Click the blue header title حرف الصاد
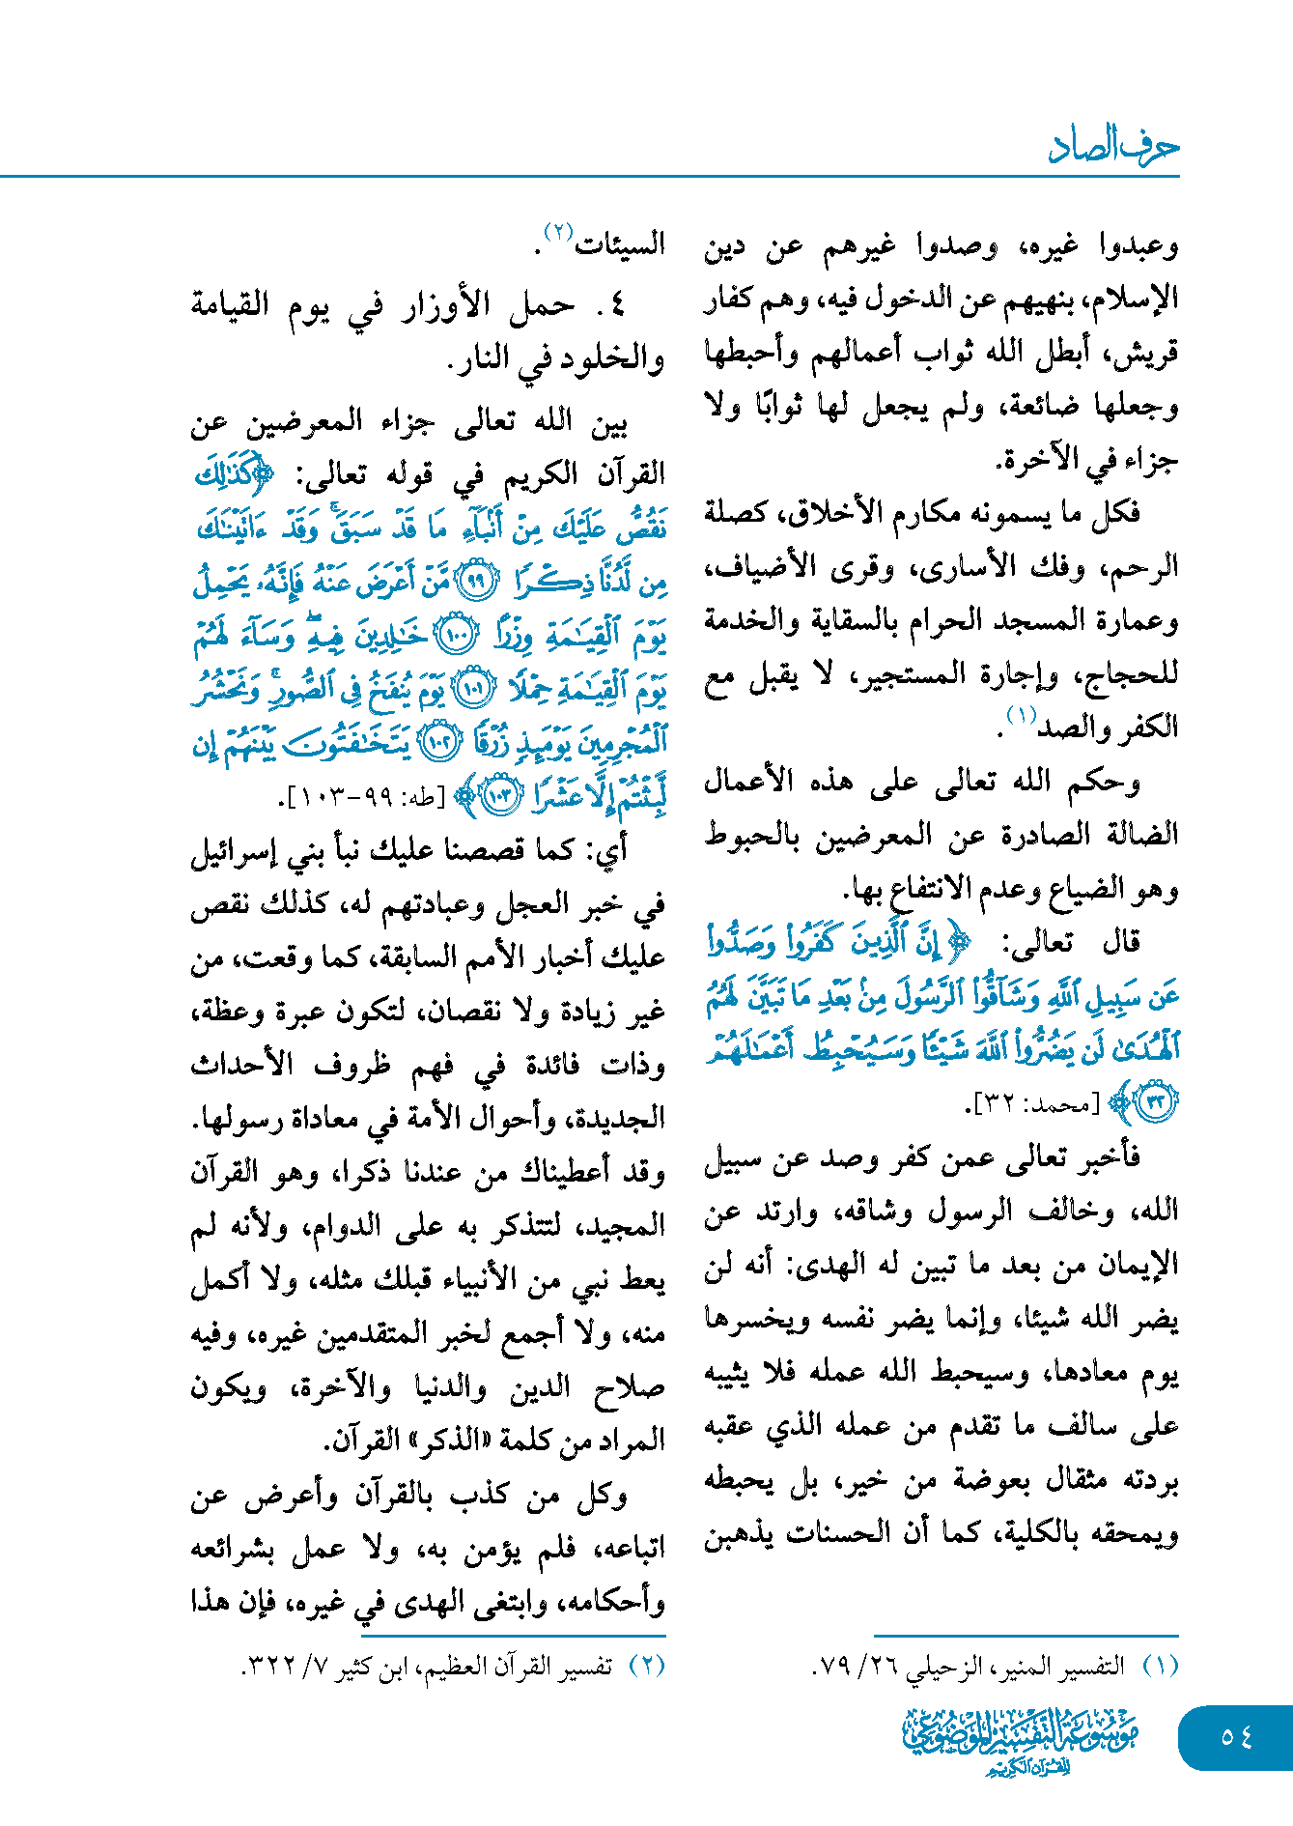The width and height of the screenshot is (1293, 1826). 1112,147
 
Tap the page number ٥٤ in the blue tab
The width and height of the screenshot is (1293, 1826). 1236,1737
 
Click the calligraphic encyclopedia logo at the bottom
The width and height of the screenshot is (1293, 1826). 1021,1739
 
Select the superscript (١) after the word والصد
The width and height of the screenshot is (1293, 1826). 1021,716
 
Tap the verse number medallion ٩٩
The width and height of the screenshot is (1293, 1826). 477,582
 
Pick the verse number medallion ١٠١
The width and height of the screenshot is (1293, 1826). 473,689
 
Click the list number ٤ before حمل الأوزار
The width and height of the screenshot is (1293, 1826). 617,307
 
